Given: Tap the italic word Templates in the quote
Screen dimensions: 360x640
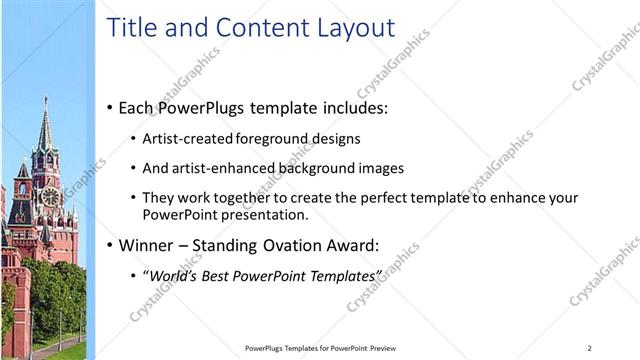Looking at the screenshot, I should click(348, 275).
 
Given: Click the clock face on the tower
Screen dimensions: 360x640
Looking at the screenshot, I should click(47, 197).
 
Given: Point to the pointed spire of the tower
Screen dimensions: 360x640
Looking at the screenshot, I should click(44, 115).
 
